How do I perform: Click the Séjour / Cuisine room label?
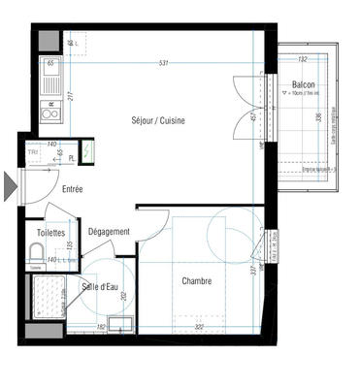pyautogui.click(x=158, y=120)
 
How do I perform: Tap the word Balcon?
pyautogui.click(x=304, y=85)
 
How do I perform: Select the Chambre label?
pyautogui.click(x=198, y=281)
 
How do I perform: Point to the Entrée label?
pyautogui.click(x=72, y=190)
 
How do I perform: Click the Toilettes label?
pyautogui.click(x=49, y=233)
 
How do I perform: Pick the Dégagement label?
pyautogui.click(x=109, y=233)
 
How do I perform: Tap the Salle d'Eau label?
pyautogui.click(x=101, y=286)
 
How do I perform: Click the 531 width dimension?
pyautogui.click(x=165, y=65)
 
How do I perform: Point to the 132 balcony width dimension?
pyautogui.click(x=302, y=59)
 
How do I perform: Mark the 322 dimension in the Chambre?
pyautogui.click(x=198, y=328)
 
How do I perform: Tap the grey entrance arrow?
pyautogui.click(x=10, y=185)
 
